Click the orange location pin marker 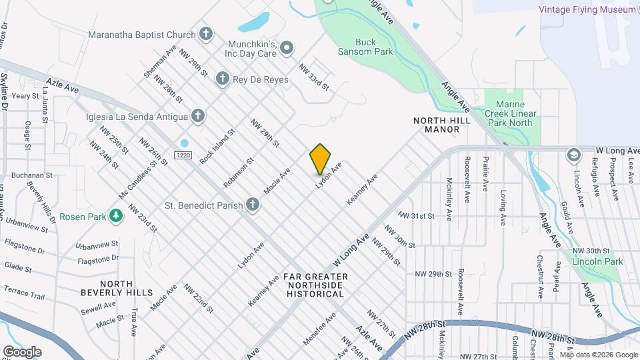pyautogui.click(x=321, y=159)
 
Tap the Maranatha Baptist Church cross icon pyautogui.click(x=207, y=33)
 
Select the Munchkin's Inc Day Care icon pyautogui.click(x=287, y=47)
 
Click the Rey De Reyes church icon pyautogui.click(x=223, y=79)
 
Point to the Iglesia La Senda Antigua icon pyautogui.click(x=197, y=117)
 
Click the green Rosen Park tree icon pyautogui.click(x=117, y=216)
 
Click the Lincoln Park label pyautogui.click(x=597, y=261)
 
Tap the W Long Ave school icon pyautogui.click(x=573, y=155)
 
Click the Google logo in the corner pyautogui.click(x=22, y=351)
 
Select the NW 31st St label pyautogui.click(x=416, y=216)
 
